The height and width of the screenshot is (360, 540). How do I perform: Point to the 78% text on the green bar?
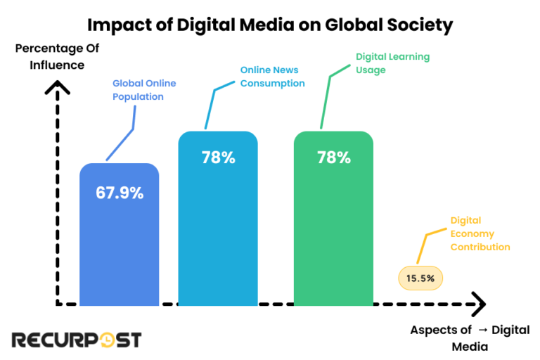(x=333, y=157)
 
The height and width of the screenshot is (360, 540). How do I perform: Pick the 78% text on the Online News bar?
(x=218, y=157)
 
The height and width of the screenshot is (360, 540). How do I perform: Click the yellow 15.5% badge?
(x=420, y=278)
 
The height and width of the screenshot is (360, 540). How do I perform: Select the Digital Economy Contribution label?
(x=480, y=234)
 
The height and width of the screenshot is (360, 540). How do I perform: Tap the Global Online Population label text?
(x=144, y=90)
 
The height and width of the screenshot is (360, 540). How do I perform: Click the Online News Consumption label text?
(x=272, y=77)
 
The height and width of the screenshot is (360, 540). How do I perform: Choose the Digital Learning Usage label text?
(x=392, y=63)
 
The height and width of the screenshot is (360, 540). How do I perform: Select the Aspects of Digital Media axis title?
(x=470, y=338)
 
